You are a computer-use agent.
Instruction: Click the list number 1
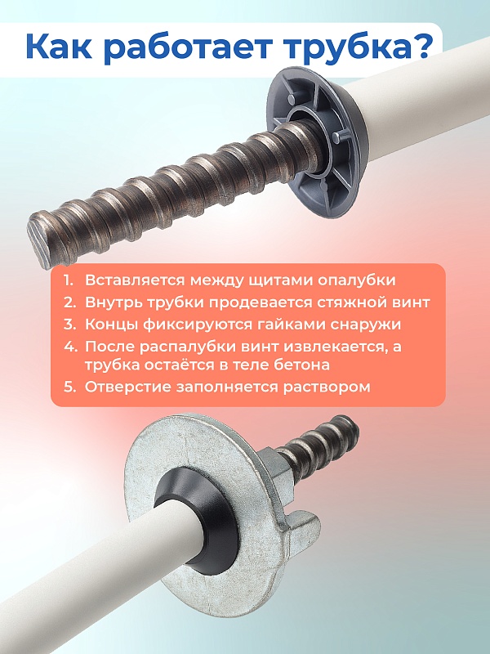[x=69, y=279]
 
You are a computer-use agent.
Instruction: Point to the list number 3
[x=69, y=323]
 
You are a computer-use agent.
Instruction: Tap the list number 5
[x=69, y=387]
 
